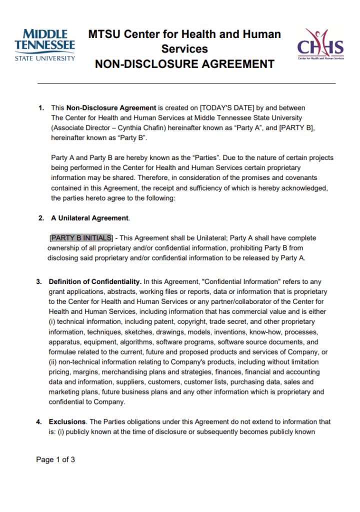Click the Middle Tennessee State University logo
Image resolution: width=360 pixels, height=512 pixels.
click(45, 45)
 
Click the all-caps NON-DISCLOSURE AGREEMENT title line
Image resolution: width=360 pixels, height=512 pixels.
click(184, 64)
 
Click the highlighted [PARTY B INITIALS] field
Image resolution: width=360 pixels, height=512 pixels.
click(81, 238)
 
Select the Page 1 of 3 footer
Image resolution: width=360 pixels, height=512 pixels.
click(55, 460)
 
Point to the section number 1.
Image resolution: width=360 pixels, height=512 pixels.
click(41, 107)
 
